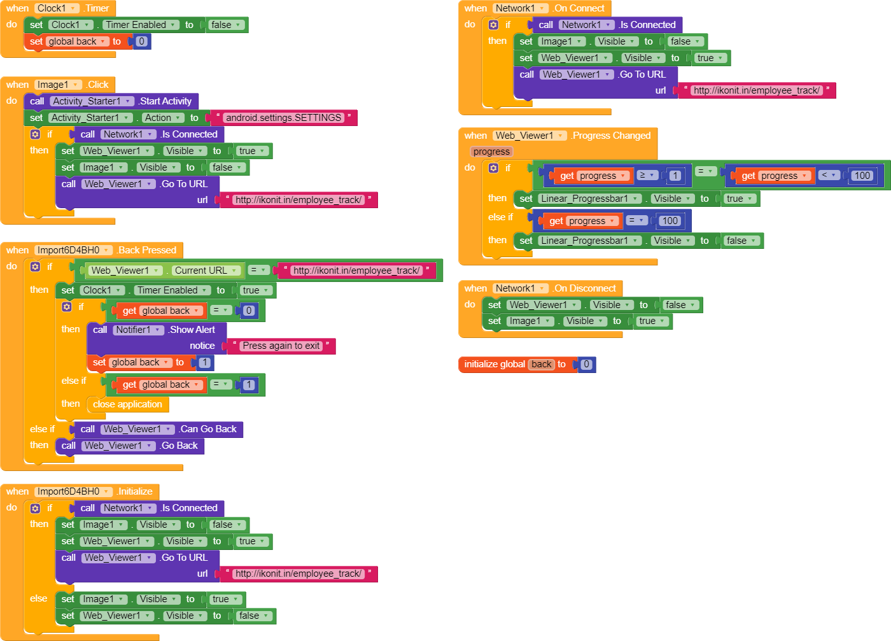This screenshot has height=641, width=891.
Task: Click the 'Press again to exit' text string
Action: point(281,346)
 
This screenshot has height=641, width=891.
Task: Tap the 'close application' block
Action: point(127,404)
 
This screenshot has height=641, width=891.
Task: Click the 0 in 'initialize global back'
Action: point(586,364)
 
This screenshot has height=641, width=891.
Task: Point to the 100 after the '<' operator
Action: point(862,176)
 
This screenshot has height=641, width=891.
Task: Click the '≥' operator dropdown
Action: point(647,175)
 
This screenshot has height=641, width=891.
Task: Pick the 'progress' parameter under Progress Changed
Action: point(491,151)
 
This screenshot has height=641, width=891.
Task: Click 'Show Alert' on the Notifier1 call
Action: point(192,330)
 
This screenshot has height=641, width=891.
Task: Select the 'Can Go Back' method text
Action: point(208,429)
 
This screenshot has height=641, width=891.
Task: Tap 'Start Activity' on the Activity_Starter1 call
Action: point(165,101)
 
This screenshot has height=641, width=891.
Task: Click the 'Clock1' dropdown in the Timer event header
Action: point(57,8)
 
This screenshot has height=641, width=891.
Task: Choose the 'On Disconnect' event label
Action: point(585,288)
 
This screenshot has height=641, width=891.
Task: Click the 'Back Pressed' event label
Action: point(147,250)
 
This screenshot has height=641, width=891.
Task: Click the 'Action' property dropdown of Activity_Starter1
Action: point(163,118)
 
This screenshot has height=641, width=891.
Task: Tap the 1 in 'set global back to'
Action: point(204,362)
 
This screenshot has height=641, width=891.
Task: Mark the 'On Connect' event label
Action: point(579,8)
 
